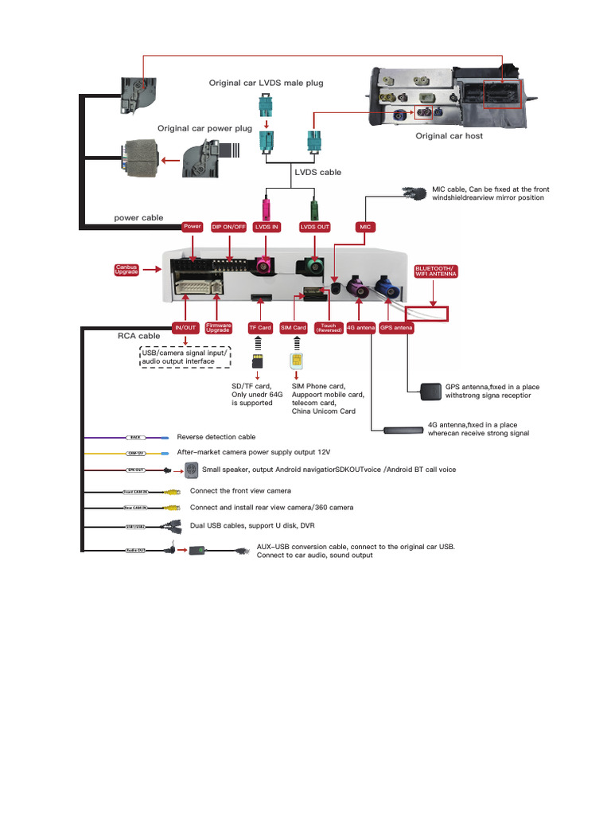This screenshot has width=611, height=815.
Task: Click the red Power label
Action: pos(193,227)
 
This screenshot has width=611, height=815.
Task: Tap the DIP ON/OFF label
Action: pos(228,227)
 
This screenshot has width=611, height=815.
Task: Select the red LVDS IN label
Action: pos(267,227)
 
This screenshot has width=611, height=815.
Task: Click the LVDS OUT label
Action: pos(314,227)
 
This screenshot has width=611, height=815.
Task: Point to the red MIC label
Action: pos(365,227)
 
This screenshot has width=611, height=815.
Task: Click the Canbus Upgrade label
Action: pos(127,271)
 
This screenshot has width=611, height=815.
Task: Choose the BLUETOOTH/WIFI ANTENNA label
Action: pos(436,271)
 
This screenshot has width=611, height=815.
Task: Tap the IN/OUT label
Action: pos(185,327)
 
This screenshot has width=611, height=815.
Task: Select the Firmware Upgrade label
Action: pos(219,327)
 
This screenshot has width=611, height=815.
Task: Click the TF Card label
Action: pos(259,327)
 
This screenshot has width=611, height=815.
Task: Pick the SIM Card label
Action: pos(294,327)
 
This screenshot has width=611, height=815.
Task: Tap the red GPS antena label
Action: pos(396,327)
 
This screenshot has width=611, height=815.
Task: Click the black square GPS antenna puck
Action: pos(431,391)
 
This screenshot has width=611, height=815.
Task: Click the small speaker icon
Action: pos(191,470)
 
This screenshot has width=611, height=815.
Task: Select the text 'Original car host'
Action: pos(449,136)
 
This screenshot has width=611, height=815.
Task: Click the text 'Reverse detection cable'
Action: pos(216,437)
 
